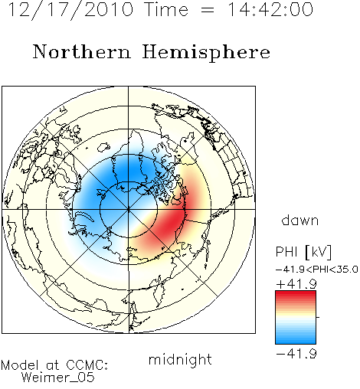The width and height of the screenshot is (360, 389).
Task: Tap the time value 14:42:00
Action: pos(270,10)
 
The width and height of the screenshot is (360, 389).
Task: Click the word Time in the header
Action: pos(166,10)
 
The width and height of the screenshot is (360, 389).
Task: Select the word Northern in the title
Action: pos(82,51)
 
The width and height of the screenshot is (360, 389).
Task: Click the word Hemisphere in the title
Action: pos(206,53)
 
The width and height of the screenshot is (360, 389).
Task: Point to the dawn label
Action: pos(300,220)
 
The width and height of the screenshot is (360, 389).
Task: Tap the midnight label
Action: pos(180,360)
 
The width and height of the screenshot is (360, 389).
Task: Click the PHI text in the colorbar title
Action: pos(286,252)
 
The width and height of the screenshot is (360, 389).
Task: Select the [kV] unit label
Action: pos(319,252)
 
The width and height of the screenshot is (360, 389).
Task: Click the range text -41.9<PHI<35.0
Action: pos(317,270)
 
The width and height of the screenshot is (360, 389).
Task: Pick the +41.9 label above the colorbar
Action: pos(296,284)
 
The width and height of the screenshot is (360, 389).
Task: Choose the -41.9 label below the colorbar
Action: pos(296,354)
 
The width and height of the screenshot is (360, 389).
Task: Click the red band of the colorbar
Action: pos(296,296)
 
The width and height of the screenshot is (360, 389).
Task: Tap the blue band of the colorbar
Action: pos(296,338)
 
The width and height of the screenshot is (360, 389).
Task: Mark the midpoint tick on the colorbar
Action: pos(318,317)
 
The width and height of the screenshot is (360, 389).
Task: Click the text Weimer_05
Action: pos(58,378)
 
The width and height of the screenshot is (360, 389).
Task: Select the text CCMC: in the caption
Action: pos(87,364)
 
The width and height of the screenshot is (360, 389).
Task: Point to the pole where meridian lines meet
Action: pos(129,210)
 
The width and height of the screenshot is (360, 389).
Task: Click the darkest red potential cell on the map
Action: pos(172,224)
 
